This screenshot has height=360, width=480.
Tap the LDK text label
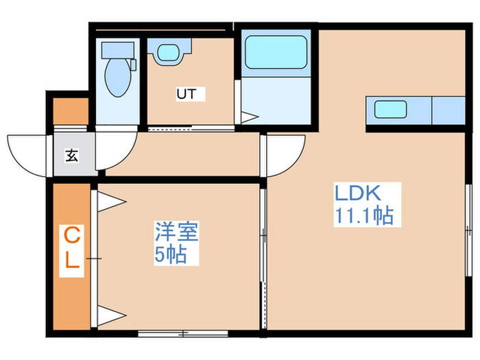pyautogui.click(x=357, y=192)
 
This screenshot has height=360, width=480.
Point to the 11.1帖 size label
pyautogui.click(x=363, y=217)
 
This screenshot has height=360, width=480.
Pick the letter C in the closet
pyautogui.click(x=71, y=237)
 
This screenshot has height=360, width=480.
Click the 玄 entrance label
pyautogui.click(x=71, y=155)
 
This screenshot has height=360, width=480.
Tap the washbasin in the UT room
pyautogui.click(x=167, y=53)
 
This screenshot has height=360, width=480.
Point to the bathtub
pyautogui.click(x=275, y=51)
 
